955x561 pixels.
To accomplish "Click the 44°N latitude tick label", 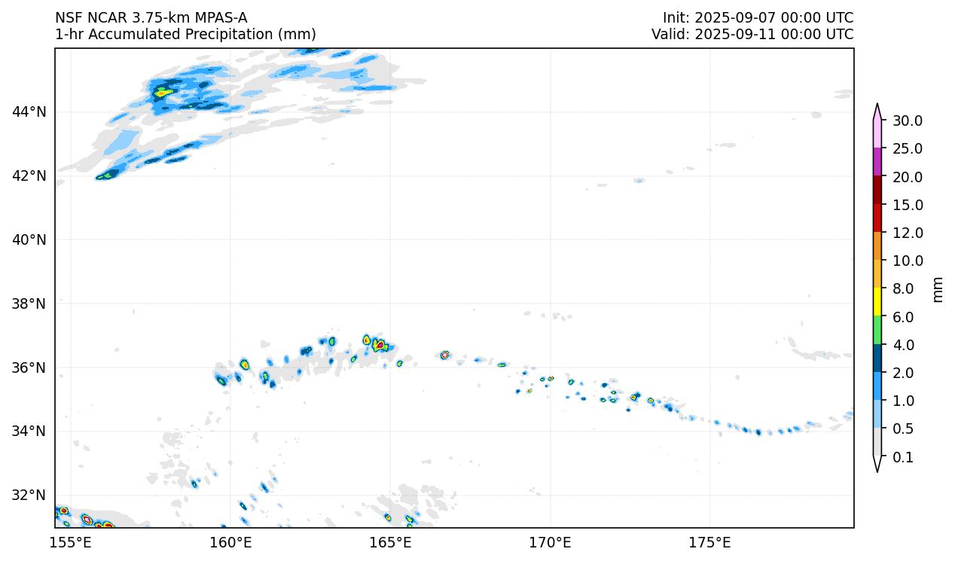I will click(29, 112).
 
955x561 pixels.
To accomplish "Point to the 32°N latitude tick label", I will click(29, 495).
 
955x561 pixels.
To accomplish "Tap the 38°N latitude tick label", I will click(29, 303).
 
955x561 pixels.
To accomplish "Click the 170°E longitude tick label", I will click(550, 542).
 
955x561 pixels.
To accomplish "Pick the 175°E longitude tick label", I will click(709, 542).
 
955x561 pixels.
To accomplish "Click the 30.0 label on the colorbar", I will click(907, 120).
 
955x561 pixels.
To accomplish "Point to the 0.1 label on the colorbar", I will click(902, 457).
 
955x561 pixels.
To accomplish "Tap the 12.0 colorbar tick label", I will click(907, 233).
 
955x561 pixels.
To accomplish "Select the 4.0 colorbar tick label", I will click(902, 345).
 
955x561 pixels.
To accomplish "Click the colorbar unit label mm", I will click(938, 289).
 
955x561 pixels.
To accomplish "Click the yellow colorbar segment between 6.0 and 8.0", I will click(877, 303).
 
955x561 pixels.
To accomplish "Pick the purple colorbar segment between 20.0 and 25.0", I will click(877, 162).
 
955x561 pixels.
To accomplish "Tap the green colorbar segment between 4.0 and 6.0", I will click(877, 331).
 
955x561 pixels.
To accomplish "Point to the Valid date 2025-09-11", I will click(738, 35).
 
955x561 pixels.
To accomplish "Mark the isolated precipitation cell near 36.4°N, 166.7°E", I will click(445, 355).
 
